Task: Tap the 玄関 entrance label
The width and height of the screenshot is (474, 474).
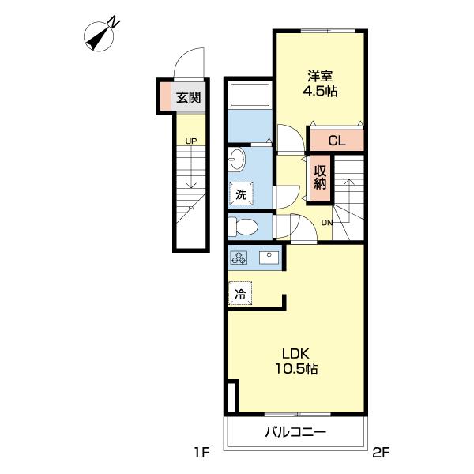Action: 189,98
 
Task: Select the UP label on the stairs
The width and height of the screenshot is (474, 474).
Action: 191,141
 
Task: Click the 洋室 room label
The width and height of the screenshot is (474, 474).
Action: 321,76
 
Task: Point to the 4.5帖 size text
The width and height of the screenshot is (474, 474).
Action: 320,91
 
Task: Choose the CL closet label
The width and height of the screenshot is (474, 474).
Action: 337,141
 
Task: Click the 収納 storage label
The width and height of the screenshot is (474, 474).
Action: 320,178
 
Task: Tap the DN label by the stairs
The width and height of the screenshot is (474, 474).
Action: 327,223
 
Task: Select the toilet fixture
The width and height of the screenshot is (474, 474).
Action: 243,227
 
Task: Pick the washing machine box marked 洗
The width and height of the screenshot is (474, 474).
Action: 241,194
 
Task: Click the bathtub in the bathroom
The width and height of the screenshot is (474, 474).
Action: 250,95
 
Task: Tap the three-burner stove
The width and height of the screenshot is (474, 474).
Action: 239,258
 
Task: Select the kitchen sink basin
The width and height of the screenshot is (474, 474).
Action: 269,258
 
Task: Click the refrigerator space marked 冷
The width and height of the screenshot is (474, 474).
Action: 240,293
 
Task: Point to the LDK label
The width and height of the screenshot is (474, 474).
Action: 295,354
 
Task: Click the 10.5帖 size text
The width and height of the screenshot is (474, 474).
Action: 296,369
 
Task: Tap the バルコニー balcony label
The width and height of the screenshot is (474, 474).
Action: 295,432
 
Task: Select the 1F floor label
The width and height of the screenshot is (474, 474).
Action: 201,453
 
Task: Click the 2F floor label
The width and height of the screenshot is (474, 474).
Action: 382,453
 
